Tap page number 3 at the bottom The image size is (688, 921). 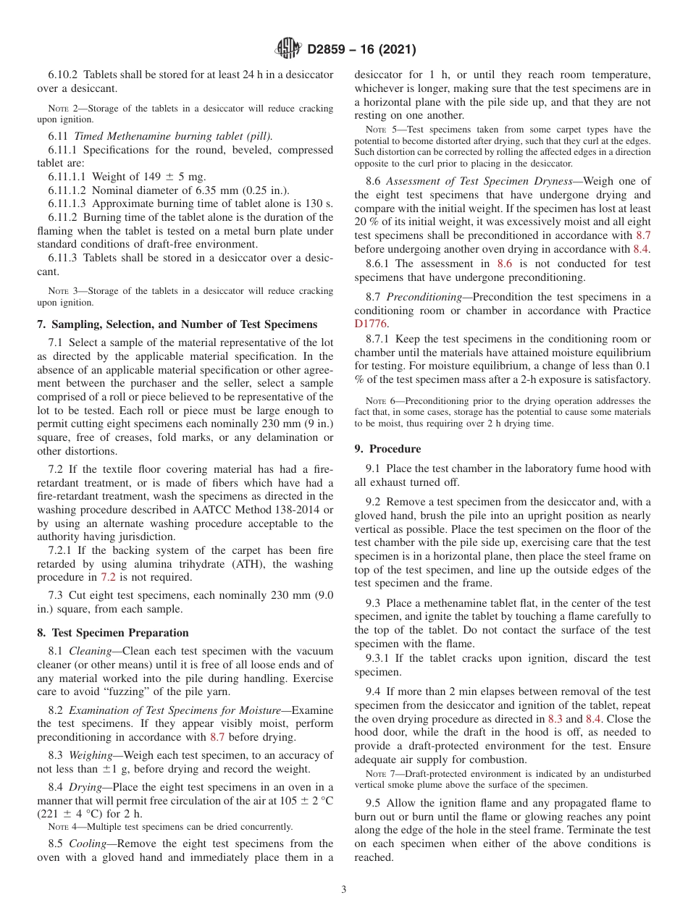(x=344, y=890)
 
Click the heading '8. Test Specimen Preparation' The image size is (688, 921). (x=112, y=632)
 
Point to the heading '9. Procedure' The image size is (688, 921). (x=387, y=449)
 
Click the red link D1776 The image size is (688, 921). (x=371, y=324)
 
